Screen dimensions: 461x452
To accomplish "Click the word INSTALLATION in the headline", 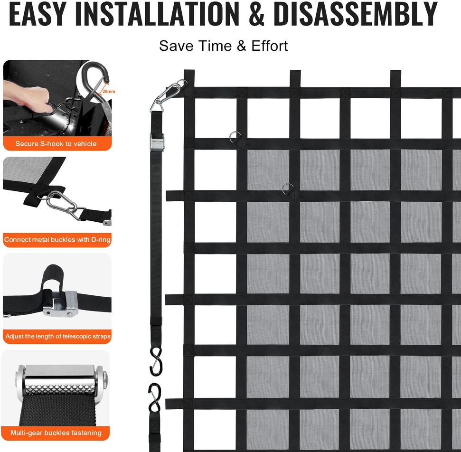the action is click(158, 14).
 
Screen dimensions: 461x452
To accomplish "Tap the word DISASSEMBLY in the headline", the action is click(356, 14).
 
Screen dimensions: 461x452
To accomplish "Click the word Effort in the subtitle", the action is click(269, 46).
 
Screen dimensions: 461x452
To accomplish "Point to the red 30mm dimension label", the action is click(109, 92).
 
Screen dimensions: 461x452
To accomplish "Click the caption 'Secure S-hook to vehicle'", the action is click(56, 144).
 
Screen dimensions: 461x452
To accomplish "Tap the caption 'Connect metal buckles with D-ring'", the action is click(57, 240).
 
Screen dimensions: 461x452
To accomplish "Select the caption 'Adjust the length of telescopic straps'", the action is click(58, 336).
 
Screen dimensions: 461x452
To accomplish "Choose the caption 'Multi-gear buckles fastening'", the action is click(56, 433).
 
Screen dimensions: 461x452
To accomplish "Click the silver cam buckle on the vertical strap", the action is click(157, 142).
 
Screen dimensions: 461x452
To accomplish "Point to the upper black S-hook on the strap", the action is click(156, 361).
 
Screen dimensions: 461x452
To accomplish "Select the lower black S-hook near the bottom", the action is click(155, 398).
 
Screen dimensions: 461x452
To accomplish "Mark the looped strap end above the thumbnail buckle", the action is click(52, 278).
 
